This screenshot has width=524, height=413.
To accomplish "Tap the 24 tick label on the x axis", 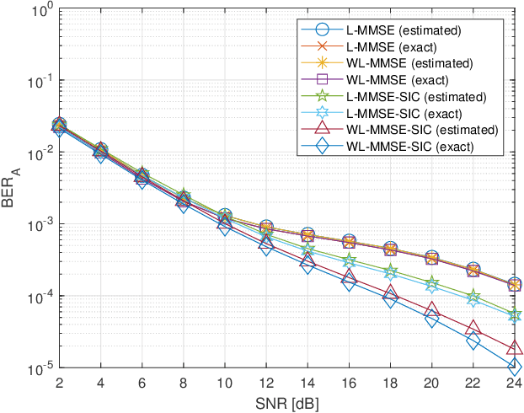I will point(514,384).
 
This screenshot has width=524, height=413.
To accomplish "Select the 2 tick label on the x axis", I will point(59,384).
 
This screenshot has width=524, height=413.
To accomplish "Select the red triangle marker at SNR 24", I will point(514,348).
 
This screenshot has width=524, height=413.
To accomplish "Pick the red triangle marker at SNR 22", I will point(473,328).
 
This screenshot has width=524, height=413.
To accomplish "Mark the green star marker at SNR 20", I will point(431,282).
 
